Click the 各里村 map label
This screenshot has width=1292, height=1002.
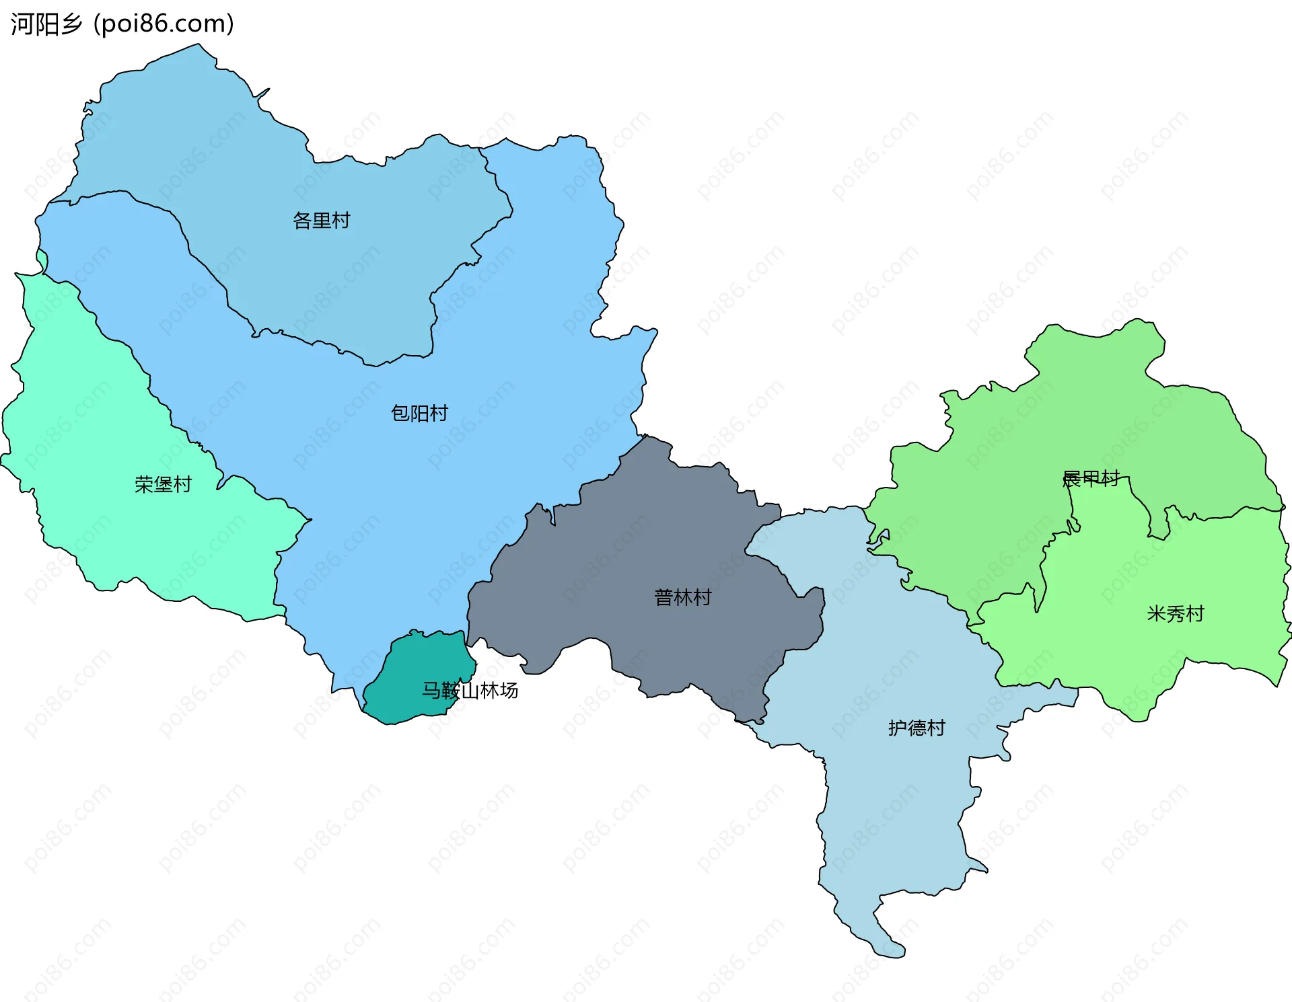321,221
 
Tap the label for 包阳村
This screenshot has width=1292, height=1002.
419,413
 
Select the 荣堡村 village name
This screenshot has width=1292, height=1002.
163,484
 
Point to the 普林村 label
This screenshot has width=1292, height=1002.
682,597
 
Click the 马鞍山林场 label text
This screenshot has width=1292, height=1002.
470,691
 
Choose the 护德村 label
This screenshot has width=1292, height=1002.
917,728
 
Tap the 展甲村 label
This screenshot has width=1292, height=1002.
1090,479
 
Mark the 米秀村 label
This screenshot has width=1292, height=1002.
1175,614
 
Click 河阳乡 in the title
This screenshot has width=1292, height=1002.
46,24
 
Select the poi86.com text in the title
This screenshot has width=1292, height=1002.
164,24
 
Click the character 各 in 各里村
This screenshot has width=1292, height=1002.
302,221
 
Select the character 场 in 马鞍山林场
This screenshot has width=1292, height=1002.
509,691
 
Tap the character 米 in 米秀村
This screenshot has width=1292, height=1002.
1156,614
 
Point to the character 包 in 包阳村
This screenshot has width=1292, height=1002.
400,413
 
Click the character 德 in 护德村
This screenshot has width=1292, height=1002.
917,728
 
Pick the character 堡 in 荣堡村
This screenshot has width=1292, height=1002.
163,484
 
